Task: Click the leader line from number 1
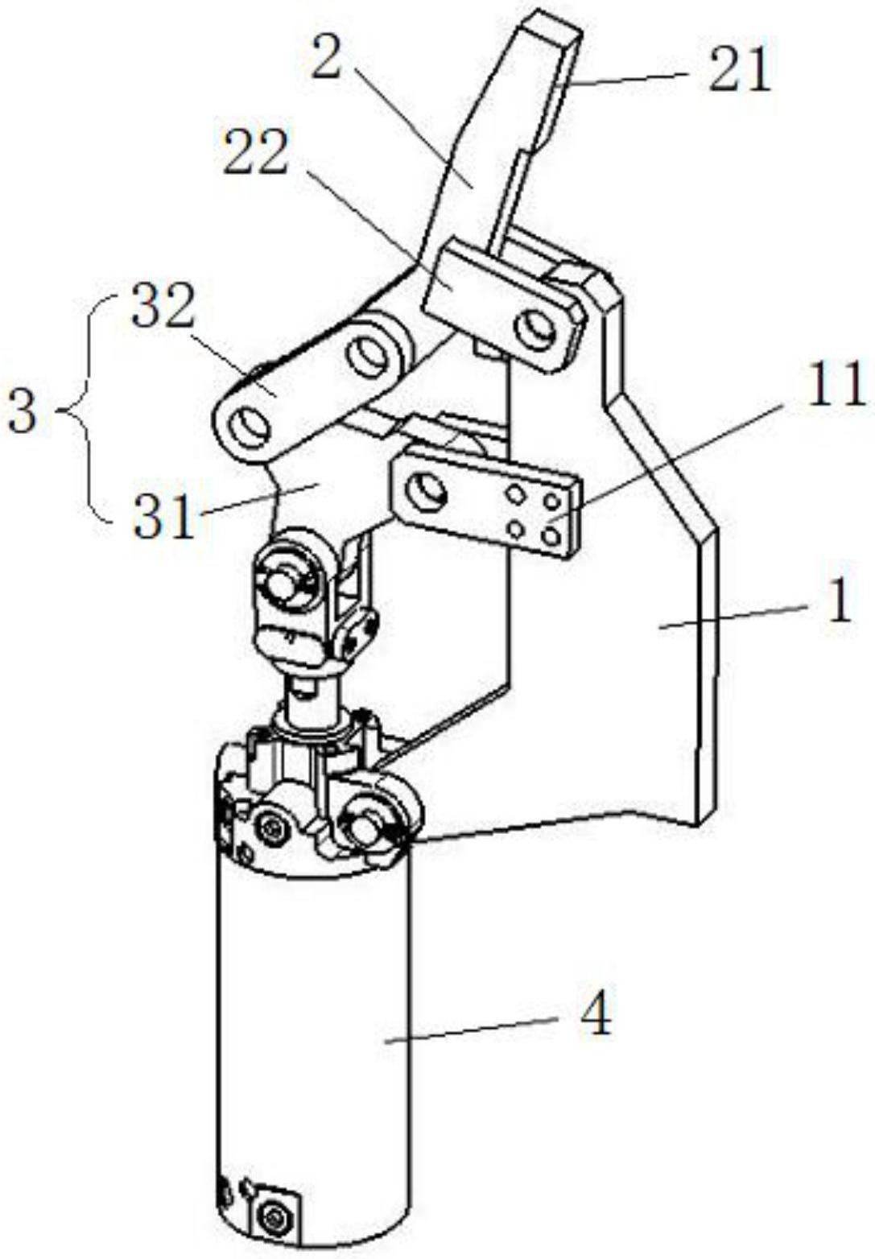pyautogui.click(x=733, y=618)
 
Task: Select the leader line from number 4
pyautogui.click(x=475, y=1029)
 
